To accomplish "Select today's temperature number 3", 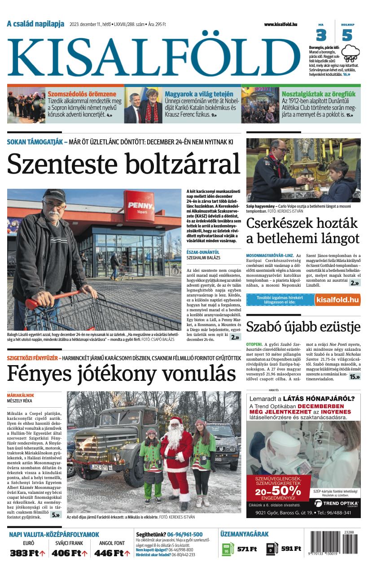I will tap(321, 35).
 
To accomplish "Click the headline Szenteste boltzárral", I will tap(123, 164).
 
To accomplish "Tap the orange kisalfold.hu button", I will tap(337, 300).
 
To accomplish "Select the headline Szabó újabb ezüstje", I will tap(303, 327).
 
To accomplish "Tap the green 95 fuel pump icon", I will tap(228, 549).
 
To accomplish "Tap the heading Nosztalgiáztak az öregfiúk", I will tap(318, 94).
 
